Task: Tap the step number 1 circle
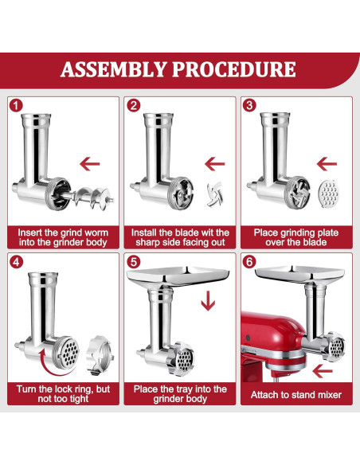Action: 18,105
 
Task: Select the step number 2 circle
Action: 134,105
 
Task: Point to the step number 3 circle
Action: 250,105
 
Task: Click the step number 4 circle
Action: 18,261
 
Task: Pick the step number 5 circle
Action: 134,261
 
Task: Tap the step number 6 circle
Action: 250,261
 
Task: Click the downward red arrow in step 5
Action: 208,303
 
